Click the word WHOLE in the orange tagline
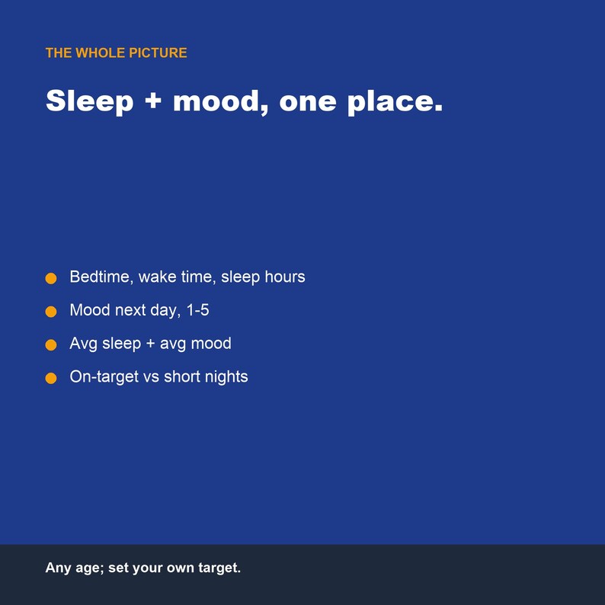[x=101, y=53]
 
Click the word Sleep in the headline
[x=89, y=101]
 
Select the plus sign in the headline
[x=153, y=101]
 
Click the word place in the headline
[x=390, y=102]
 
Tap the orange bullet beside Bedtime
[x=51, y=278]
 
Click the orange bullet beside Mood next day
[x=51, y=312]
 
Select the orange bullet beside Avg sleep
[x=51, y=344]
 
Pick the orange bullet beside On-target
[x=51, y=378]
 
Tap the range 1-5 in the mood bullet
[x=197, y=310]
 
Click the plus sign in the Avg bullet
[x=150, y=344]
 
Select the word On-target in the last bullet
[x=104, y=377]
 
